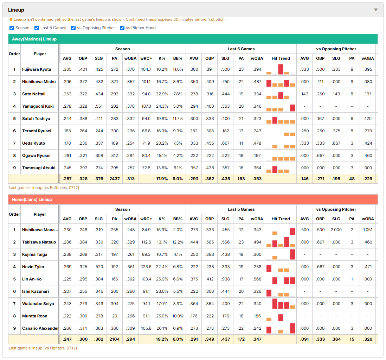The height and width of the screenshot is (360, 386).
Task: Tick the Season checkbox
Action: pos(12,28)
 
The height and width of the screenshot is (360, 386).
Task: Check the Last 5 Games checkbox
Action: pos(37,28)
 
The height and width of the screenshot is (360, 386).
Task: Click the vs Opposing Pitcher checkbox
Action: pos(73,28)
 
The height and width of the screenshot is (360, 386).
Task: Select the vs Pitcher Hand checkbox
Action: pos(122,28)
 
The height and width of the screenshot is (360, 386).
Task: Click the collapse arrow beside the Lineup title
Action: pos(376,10)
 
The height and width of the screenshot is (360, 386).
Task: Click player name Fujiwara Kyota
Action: pos(37,69)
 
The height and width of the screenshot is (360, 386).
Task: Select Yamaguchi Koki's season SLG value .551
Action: pos(99,106)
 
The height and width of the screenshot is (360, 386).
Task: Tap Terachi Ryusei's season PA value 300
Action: pos(115,131)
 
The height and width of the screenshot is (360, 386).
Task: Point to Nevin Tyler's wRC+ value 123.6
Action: pos(146,267)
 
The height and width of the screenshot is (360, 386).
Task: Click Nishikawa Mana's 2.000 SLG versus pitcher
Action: pos(336,230)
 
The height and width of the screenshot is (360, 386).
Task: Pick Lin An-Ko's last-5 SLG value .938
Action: pos(225,279)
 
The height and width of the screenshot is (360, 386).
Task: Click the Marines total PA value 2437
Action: pos(115,179)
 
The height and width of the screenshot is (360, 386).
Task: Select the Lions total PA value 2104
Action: pos(115,339)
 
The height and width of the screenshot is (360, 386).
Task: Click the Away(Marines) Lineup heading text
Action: pos(34,39)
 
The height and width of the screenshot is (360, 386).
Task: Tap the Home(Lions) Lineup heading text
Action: pos(32,199)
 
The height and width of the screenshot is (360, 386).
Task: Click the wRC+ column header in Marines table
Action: pos(146,58)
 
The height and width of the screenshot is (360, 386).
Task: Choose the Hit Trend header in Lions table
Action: pos(281,219)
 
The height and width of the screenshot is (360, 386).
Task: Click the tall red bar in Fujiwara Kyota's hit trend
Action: pos(281,69)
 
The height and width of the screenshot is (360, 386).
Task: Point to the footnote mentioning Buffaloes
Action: pos(44,188)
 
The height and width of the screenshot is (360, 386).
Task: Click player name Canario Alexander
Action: pos(40,328)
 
